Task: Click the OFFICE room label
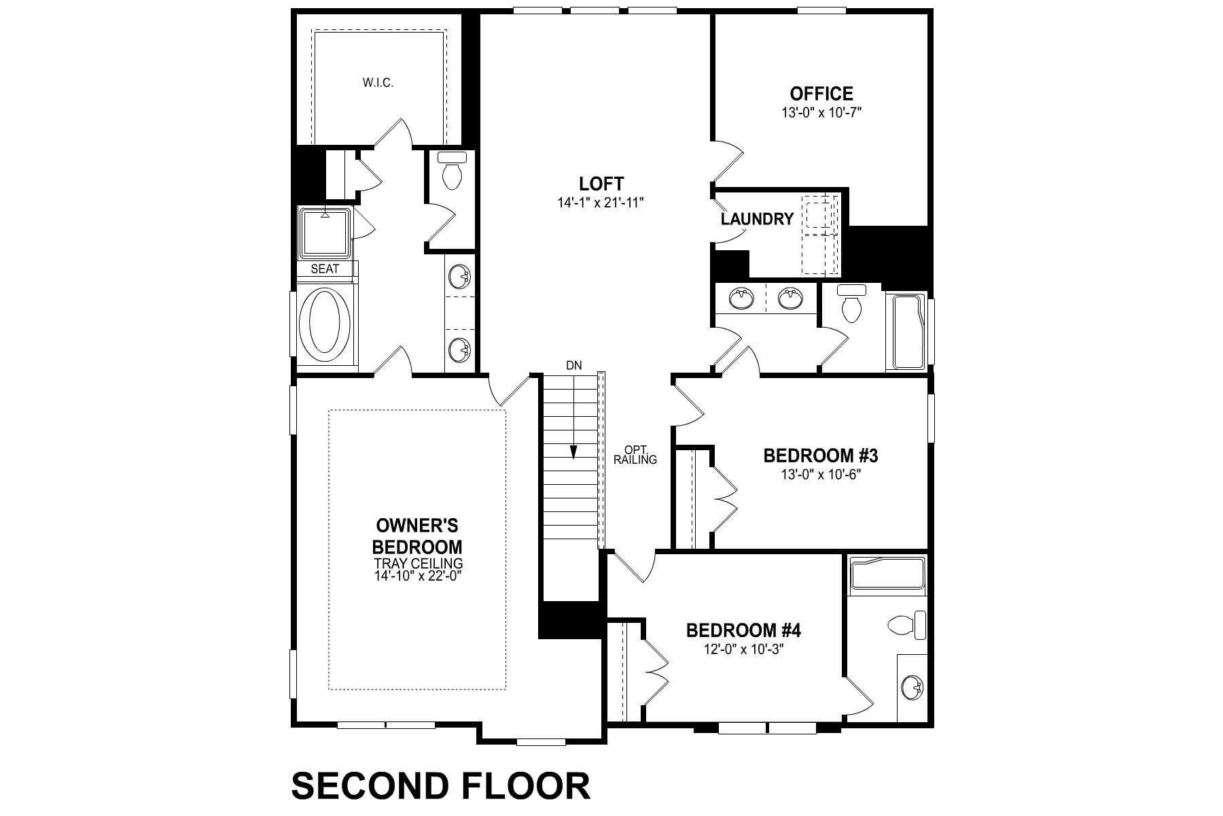tap(821, 93)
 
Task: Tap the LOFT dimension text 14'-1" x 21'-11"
tap(601, 201)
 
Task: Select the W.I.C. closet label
tap(378, 83)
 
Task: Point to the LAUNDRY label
tap(757, 219)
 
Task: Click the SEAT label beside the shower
tap(325, 269)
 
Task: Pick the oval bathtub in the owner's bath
tap(325, 328)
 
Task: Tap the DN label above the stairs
tap(574, 365)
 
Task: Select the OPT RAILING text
tap(635, 455)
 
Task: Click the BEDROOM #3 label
tap(821, 455)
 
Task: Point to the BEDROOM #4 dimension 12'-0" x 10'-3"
tap(743, 649)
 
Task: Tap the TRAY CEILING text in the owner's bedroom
tap(419, 564)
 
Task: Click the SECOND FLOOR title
tap(441, 786)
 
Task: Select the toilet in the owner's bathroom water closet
tap(451, 171)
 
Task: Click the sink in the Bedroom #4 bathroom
tap(912, 688)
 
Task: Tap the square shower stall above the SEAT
tap(325, 233)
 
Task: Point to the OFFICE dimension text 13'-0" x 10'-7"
tap(821, 113)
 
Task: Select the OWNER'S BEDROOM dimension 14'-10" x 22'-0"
tap(419, 575)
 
